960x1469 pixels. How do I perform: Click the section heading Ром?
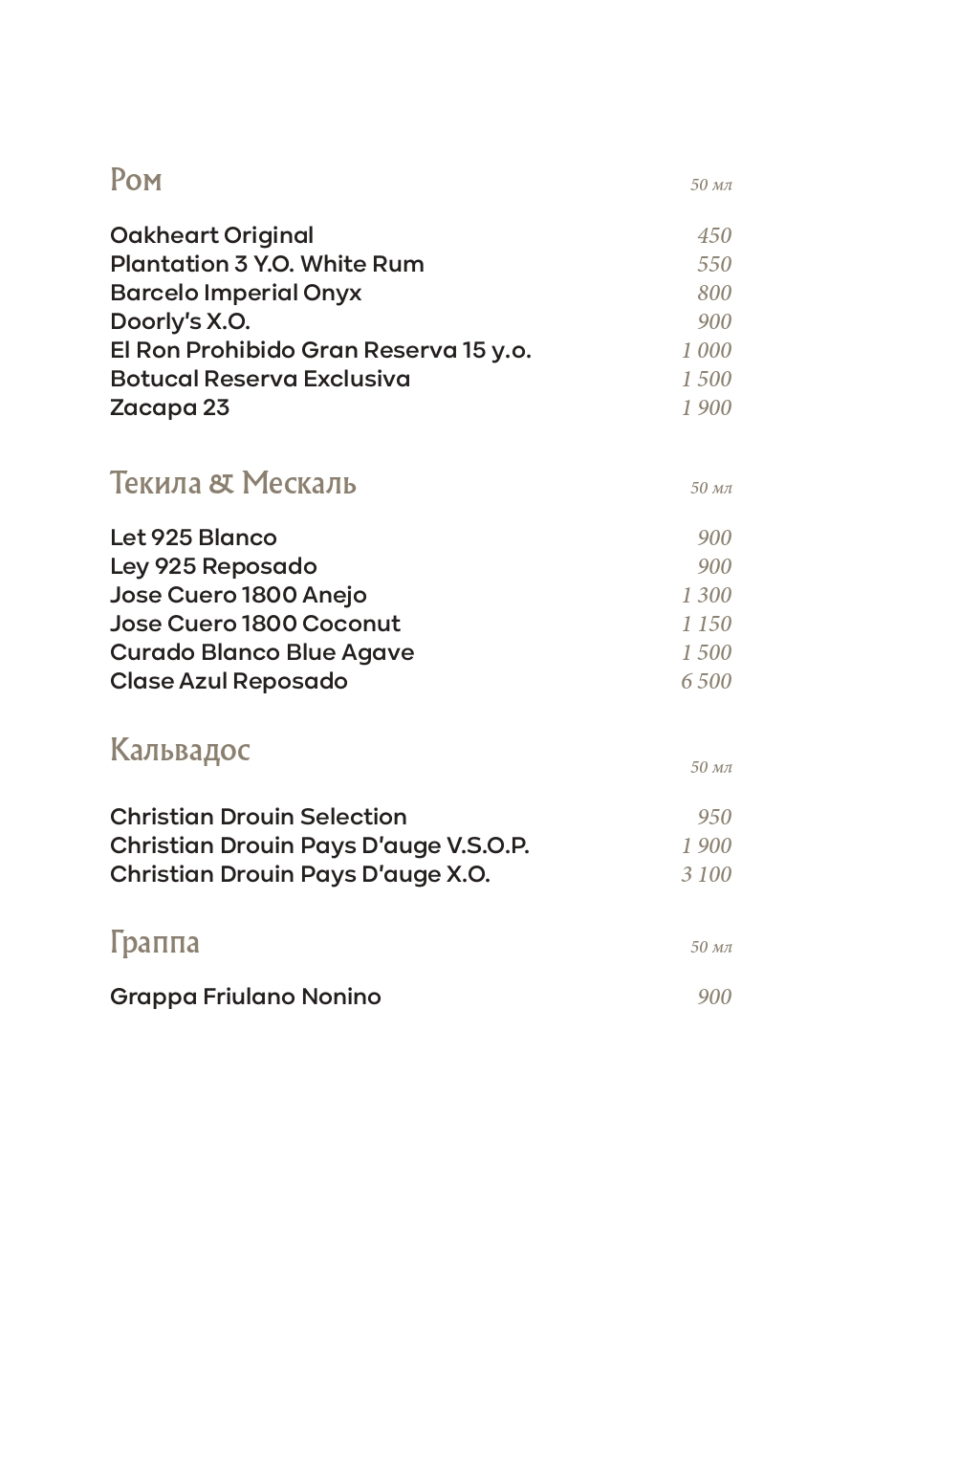(x=136, y=180)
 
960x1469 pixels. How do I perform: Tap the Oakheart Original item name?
(x=211, y=235)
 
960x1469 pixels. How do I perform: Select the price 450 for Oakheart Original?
(x=713, y=235)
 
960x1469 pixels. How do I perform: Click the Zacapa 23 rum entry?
(x=169, y=407)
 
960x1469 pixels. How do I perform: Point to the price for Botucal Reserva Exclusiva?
(x=706, y=379)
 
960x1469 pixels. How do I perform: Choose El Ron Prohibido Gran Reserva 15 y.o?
(x=319, y=350)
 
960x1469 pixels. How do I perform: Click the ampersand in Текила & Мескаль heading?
(x=221, y=483)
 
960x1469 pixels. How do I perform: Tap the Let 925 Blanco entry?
(x=193, y=537)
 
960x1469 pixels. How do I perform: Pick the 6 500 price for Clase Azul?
(x=706, y=681)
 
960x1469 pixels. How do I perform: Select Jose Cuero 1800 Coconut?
(x=254, y=624)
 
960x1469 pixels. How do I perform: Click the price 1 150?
(x=706, y=624)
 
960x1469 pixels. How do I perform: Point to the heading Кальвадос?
(x=180, y=750)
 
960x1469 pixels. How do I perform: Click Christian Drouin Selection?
(x=258, y=817)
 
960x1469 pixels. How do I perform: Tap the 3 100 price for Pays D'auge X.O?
(x=706, y=874)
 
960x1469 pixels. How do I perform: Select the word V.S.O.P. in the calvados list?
(x=488, y=845)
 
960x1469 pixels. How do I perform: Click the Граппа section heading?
(x=155, y=943)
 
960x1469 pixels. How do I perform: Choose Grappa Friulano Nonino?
(x=245, y=997)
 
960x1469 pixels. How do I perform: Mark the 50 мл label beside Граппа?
(x=710, y=947)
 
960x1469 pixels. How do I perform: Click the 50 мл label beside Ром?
(x=710, y=185)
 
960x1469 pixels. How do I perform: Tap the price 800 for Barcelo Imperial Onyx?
(x=713, y=293)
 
